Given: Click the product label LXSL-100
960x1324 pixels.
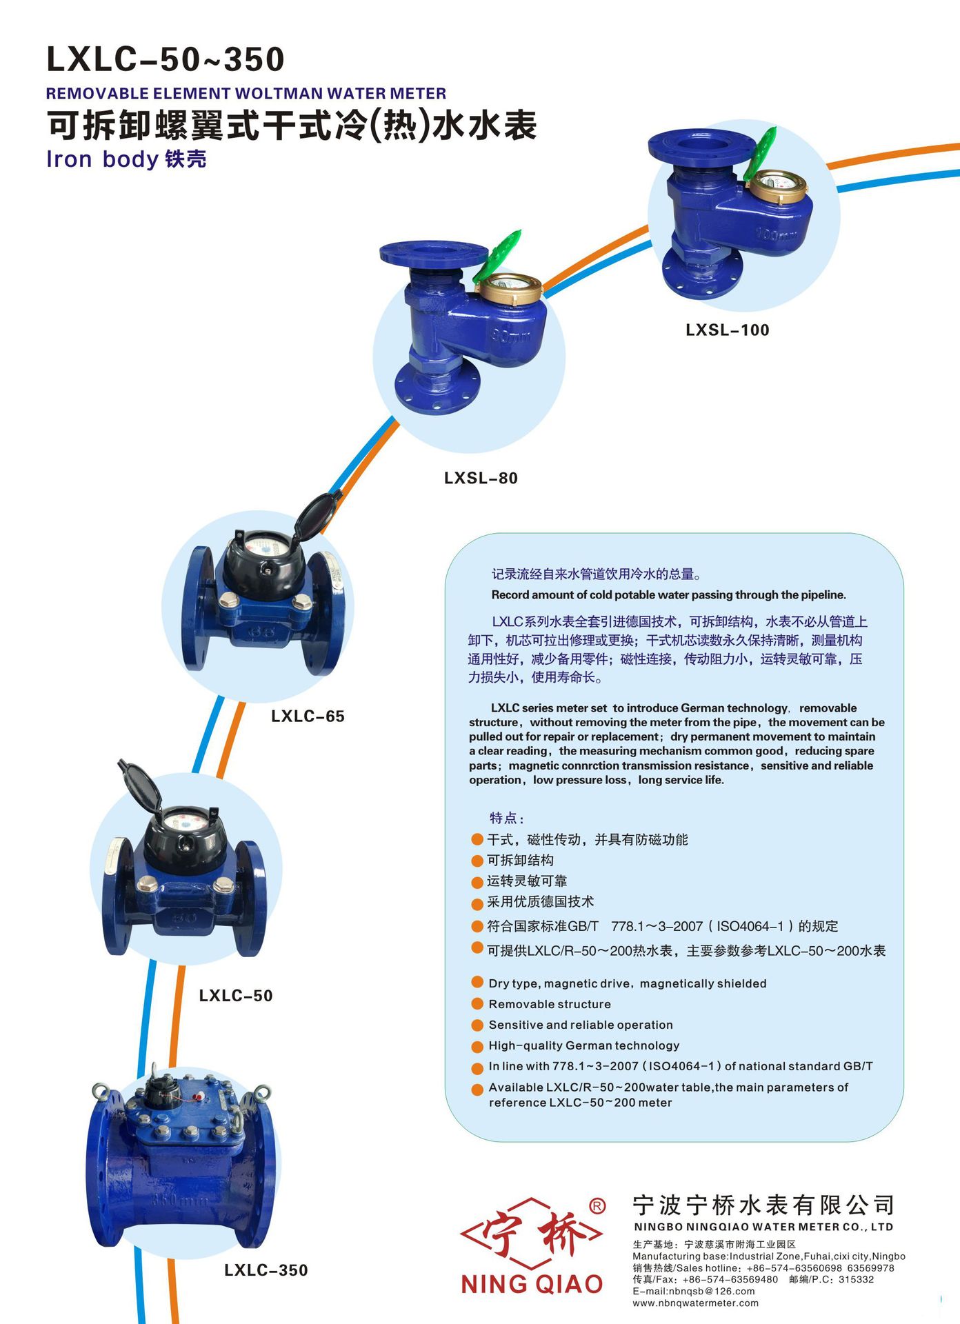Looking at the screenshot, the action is click(727, 330).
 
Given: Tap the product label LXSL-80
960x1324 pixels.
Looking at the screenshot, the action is click(481, 478).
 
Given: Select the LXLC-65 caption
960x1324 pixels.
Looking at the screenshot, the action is click(308, 716).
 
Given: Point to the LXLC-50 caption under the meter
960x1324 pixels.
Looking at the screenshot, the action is click(236, 995).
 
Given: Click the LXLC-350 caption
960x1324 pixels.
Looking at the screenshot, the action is click(266, 1270).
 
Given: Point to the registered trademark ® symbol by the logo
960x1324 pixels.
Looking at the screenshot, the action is click(597, 1205).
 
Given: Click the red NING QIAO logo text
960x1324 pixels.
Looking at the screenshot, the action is click(532, 1283).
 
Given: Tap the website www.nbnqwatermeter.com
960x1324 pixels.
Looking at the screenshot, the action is click(695, 1303).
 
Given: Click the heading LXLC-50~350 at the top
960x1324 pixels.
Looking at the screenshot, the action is click(166, 59).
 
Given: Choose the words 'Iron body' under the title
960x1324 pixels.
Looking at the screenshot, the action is click(103, 159).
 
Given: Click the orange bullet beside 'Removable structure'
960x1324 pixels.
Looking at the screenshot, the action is click(477, 1003).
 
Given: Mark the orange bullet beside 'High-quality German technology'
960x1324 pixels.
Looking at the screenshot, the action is click(477, 1046).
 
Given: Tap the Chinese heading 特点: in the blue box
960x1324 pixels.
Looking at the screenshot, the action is click(507, 818).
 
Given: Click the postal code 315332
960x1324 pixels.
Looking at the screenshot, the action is click(856, 1279).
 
